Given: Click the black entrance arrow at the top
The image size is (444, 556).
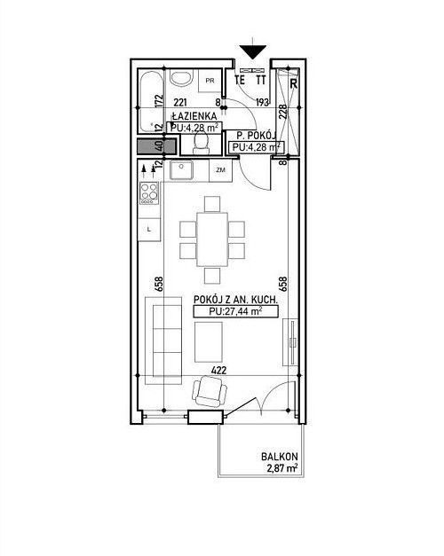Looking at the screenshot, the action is click(252, 51).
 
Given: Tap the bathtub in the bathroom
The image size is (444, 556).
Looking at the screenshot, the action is click(152, 101).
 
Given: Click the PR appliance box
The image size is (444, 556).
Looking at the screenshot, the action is click(210, 81).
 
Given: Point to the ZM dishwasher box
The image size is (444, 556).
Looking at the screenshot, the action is click(220, 170).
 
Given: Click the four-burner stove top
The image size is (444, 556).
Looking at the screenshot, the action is click(149, 193).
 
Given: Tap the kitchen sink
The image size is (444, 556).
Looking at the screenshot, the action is click(181, 170).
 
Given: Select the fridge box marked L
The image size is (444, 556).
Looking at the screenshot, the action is click(149, 230).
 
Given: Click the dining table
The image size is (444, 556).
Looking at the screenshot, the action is click(212, 239).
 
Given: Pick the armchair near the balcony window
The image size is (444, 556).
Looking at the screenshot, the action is click(210, 392).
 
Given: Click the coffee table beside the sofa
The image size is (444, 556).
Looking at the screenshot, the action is click(209, 337).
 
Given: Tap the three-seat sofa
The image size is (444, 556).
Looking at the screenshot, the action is click(163, 336).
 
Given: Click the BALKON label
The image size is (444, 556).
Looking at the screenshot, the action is click(280, 457).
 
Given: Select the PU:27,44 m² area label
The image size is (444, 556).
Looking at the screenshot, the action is click(236, 311).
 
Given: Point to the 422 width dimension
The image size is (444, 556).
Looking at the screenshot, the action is click(218, 371).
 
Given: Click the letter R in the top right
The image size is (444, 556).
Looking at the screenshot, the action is click(294, 83).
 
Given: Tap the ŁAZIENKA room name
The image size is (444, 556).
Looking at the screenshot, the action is click(194, 116).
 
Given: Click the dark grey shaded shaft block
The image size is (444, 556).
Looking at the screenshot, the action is click(156, 146).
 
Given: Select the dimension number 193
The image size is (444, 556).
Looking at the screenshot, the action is click(262, 103).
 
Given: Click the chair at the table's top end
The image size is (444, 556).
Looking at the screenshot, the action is click(212, 204).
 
